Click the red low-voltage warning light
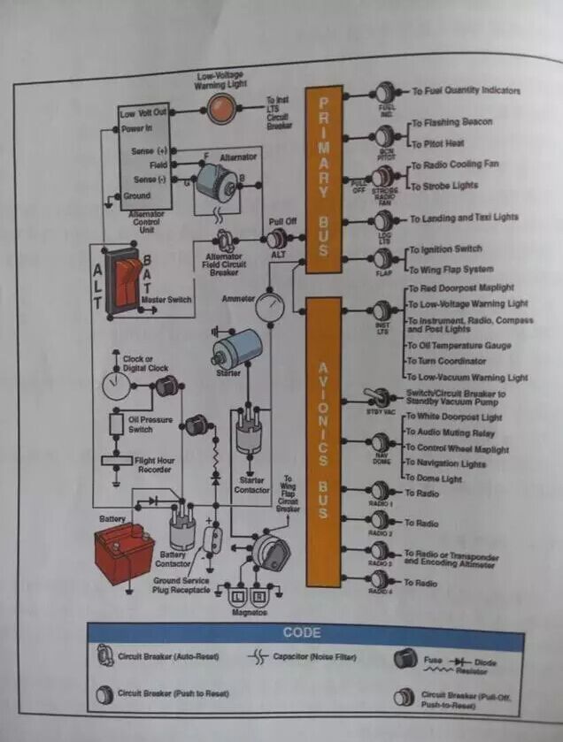219,110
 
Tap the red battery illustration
124,548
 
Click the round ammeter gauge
272,307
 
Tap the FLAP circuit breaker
383,258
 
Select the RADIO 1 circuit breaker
380,490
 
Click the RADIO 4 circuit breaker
380,579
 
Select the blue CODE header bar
302,633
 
